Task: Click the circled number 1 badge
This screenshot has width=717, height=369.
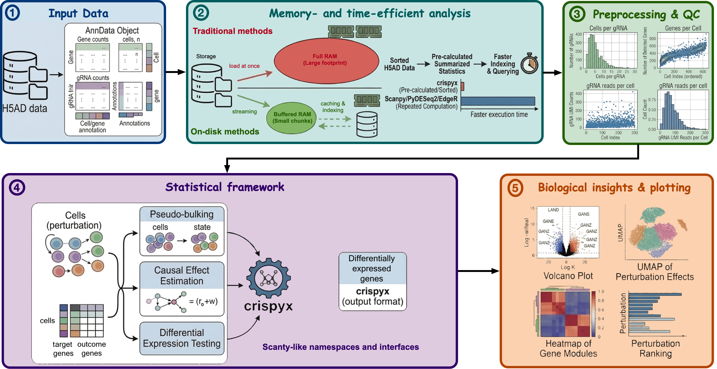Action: [x=13, y=13]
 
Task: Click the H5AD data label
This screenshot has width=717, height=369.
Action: [x=25, y=108]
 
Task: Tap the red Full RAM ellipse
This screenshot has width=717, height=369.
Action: [x=326, y=60]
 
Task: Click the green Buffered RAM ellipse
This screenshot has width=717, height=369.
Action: [x=292, y=118]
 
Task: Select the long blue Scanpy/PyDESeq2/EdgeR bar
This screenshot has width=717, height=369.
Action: [x=498, y=101]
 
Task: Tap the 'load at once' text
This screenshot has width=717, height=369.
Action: [x=244, y=66]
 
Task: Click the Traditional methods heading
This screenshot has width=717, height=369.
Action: [x=233, y=31]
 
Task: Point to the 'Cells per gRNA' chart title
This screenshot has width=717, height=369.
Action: [x=608, y=28]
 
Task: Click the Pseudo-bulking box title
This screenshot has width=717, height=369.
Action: [x=182, y=214]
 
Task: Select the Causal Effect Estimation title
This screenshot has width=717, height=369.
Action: [x=182, y=275]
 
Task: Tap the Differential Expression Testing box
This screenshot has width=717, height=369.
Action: [x=182, y=338]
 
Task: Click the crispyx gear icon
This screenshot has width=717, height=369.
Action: [x=268, y=278]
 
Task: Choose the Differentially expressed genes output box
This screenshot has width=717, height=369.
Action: [x=372, y=281]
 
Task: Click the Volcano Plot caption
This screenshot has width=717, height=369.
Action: [x=568, y=276]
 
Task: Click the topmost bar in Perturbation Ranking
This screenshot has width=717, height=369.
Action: [x=655, y=294]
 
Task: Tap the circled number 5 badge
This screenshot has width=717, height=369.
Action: [x=515, y=188]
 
